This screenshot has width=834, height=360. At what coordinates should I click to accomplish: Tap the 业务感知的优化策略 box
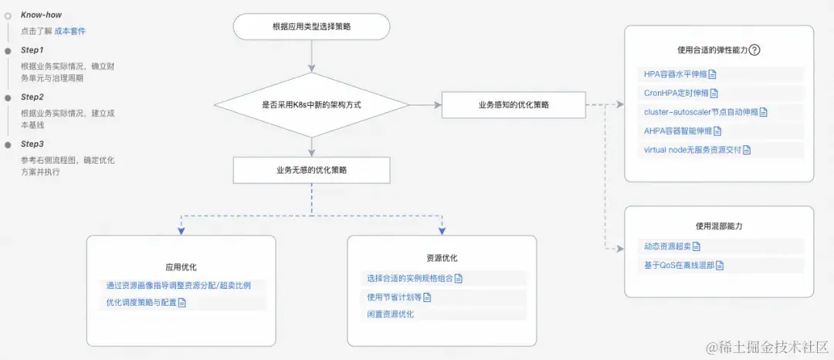click(514, 104)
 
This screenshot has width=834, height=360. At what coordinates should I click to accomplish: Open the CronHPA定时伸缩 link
click(676, 93)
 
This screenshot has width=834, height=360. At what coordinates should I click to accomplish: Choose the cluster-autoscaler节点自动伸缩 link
click(701, 112)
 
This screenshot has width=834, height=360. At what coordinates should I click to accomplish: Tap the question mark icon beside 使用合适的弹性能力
click(755, 50)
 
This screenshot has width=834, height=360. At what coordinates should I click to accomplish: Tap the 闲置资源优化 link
click(391, 314)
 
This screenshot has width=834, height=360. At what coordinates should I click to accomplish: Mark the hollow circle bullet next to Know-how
click(8, 15)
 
